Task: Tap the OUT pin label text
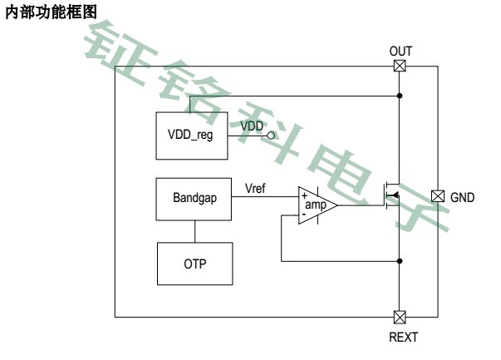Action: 400,52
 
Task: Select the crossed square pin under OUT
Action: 400,67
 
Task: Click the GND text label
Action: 463,197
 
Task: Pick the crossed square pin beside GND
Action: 438,196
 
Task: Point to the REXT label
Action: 403,337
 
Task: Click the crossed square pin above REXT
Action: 400,317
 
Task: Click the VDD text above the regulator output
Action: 252,126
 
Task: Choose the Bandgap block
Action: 194,199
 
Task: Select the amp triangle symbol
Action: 317,205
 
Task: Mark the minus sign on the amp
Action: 304,215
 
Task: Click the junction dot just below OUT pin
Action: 400,96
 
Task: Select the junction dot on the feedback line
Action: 400,261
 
